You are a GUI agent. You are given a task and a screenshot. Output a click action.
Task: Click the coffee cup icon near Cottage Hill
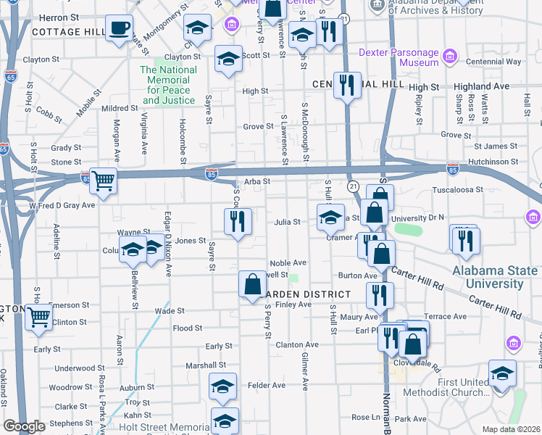119,28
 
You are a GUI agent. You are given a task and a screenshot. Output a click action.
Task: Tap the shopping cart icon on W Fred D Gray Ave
104,181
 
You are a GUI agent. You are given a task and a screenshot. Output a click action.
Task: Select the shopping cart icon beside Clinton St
39,317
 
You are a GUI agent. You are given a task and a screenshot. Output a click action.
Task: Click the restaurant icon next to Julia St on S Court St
237,221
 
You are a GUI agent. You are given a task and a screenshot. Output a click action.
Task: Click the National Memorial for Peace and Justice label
168,85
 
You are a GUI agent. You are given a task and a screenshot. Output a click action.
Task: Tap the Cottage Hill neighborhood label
69,32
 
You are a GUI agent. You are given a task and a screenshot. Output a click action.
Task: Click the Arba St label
257,181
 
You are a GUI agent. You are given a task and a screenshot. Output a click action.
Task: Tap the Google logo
24,426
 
